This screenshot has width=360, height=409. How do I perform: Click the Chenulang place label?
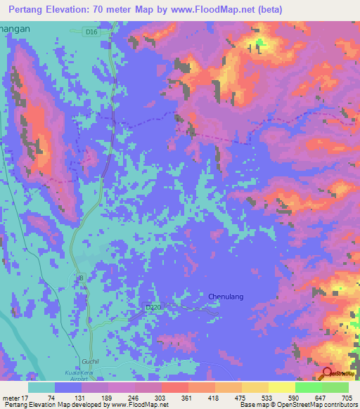click(x=226, y=297)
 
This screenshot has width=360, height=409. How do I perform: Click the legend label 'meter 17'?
click(x=15, y=396)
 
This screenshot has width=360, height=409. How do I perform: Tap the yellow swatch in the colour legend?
click(x=281, y=387)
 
